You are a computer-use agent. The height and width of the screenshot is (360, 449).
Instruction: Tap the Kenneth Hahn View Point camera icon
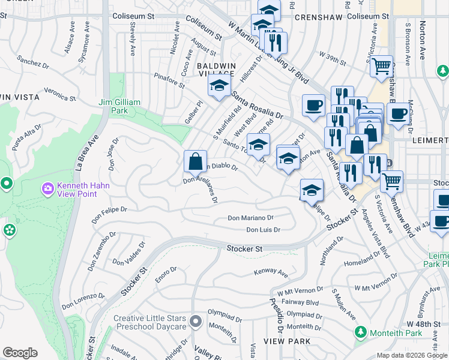coord(48,189)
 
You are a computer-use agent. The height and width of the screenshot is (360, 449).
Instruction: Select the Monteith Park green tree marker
coord(360,332)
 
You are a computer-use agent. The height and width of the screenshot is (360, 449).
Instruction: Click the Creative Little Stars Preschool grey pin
coord(195,322)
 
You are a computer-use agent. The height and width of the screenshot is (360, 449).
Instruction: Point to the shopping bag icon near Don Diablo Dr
coord(195,161)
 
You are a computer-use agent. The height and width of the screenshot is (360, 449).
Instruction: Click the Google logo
coord(20,353)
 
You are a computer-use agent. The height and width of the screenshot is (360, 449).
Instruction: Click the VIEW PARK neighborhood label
coord(291,341)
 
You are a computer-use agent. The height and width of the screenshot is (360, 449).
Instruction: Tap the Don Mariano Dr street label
coord(250,218)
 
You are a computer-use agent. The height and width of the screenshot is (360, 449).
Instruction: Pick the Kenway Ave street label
coord(267,272)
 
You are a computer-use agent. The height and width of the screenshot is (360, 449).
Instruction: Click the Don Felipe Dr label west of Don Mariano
coord(109,209)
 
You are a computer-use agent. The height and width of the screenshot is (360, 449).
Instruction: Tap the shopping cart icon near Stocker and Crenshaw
coord(391,180)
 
